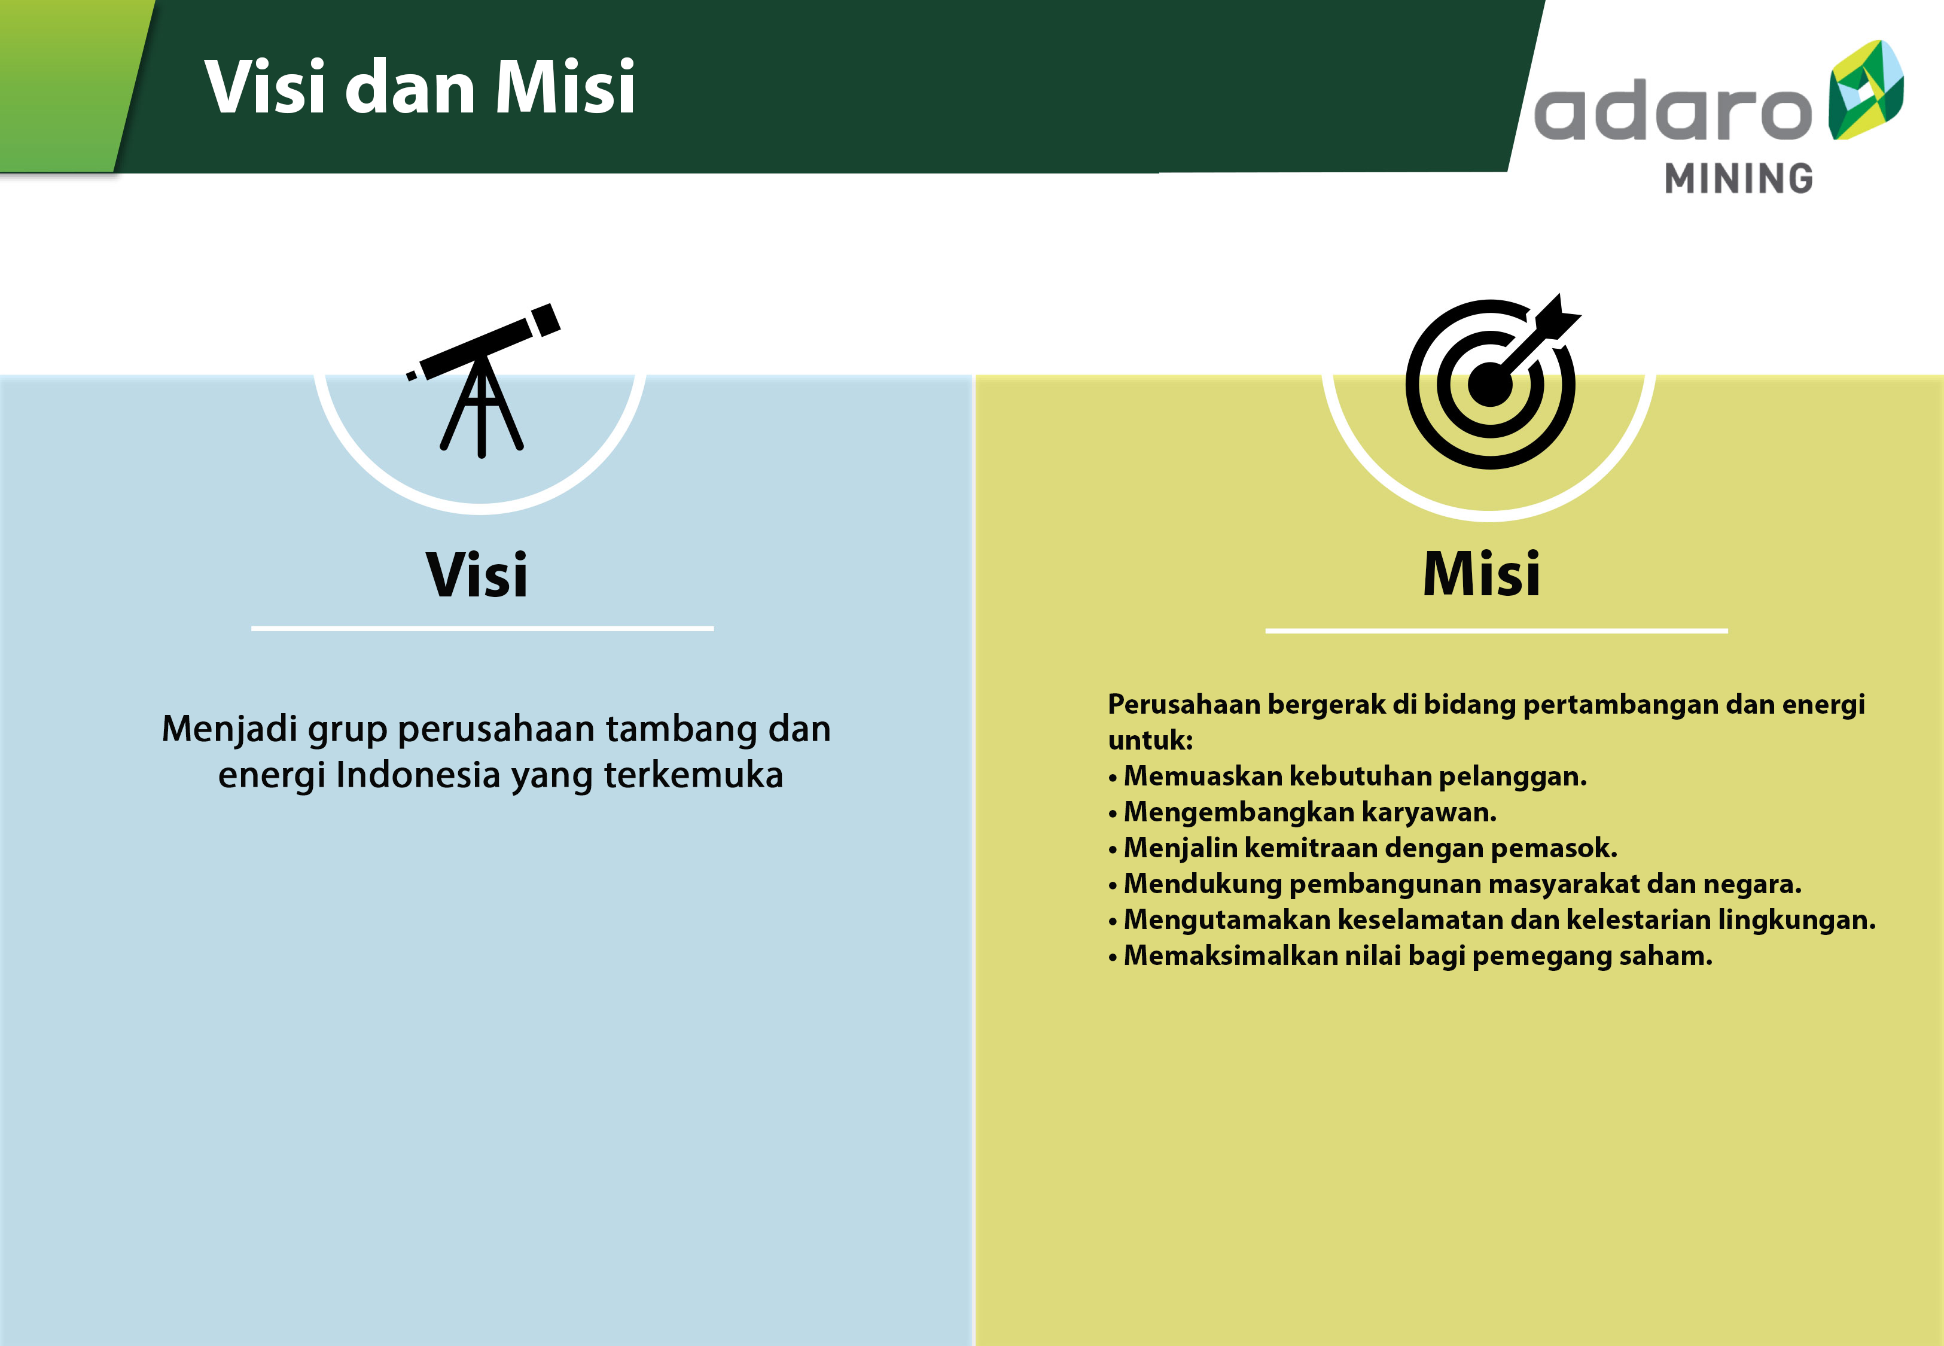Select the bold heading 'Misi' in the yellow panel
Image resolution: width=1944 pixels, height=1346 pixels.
click(1481, 574)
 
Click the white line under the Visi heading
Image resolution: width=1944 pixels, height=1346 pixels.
click(482, 628)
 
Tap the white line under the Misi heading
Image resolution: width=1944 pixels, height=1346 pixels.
click(1497, 630)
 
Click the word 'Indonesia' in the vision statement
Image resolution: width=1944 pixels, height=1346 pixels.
click(418, 774)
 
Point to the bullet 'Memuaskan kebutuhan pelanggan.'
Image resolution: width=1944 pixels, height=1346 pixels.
click(1347, 776)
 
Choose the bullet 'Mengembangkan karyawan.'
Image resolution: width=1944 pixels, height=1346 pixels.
click(1302, 812)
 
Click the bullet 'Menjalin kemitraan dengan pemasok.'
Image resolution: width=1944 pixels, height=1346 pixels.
click(1363, 848)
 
